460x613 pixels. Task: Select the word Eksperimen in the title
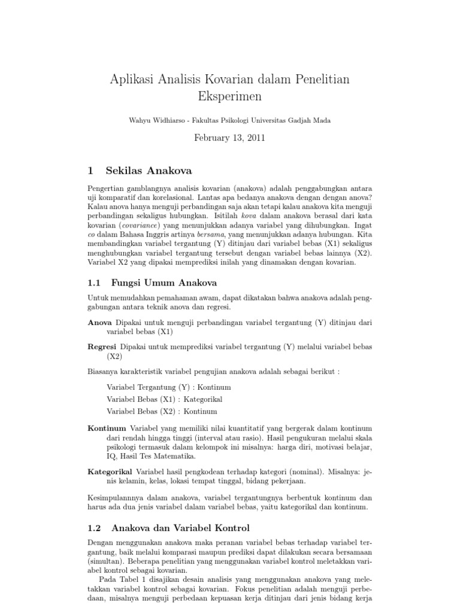[229, 95]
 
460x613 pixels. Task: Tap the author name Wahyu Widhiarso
[156, 120]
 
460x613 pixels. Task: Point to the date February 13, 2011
[229, 138]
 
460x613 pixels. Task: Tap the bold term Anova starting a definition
[100, 323]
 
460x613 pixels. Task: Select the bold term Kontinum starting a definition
[107, 429]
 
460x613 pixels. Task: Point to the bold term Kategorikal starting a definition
[110, 472]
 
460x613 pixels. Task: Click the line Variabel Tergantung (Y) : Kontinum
[169, 387]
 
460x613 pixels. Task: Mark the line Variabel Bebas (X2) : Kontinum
[162, 411]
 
